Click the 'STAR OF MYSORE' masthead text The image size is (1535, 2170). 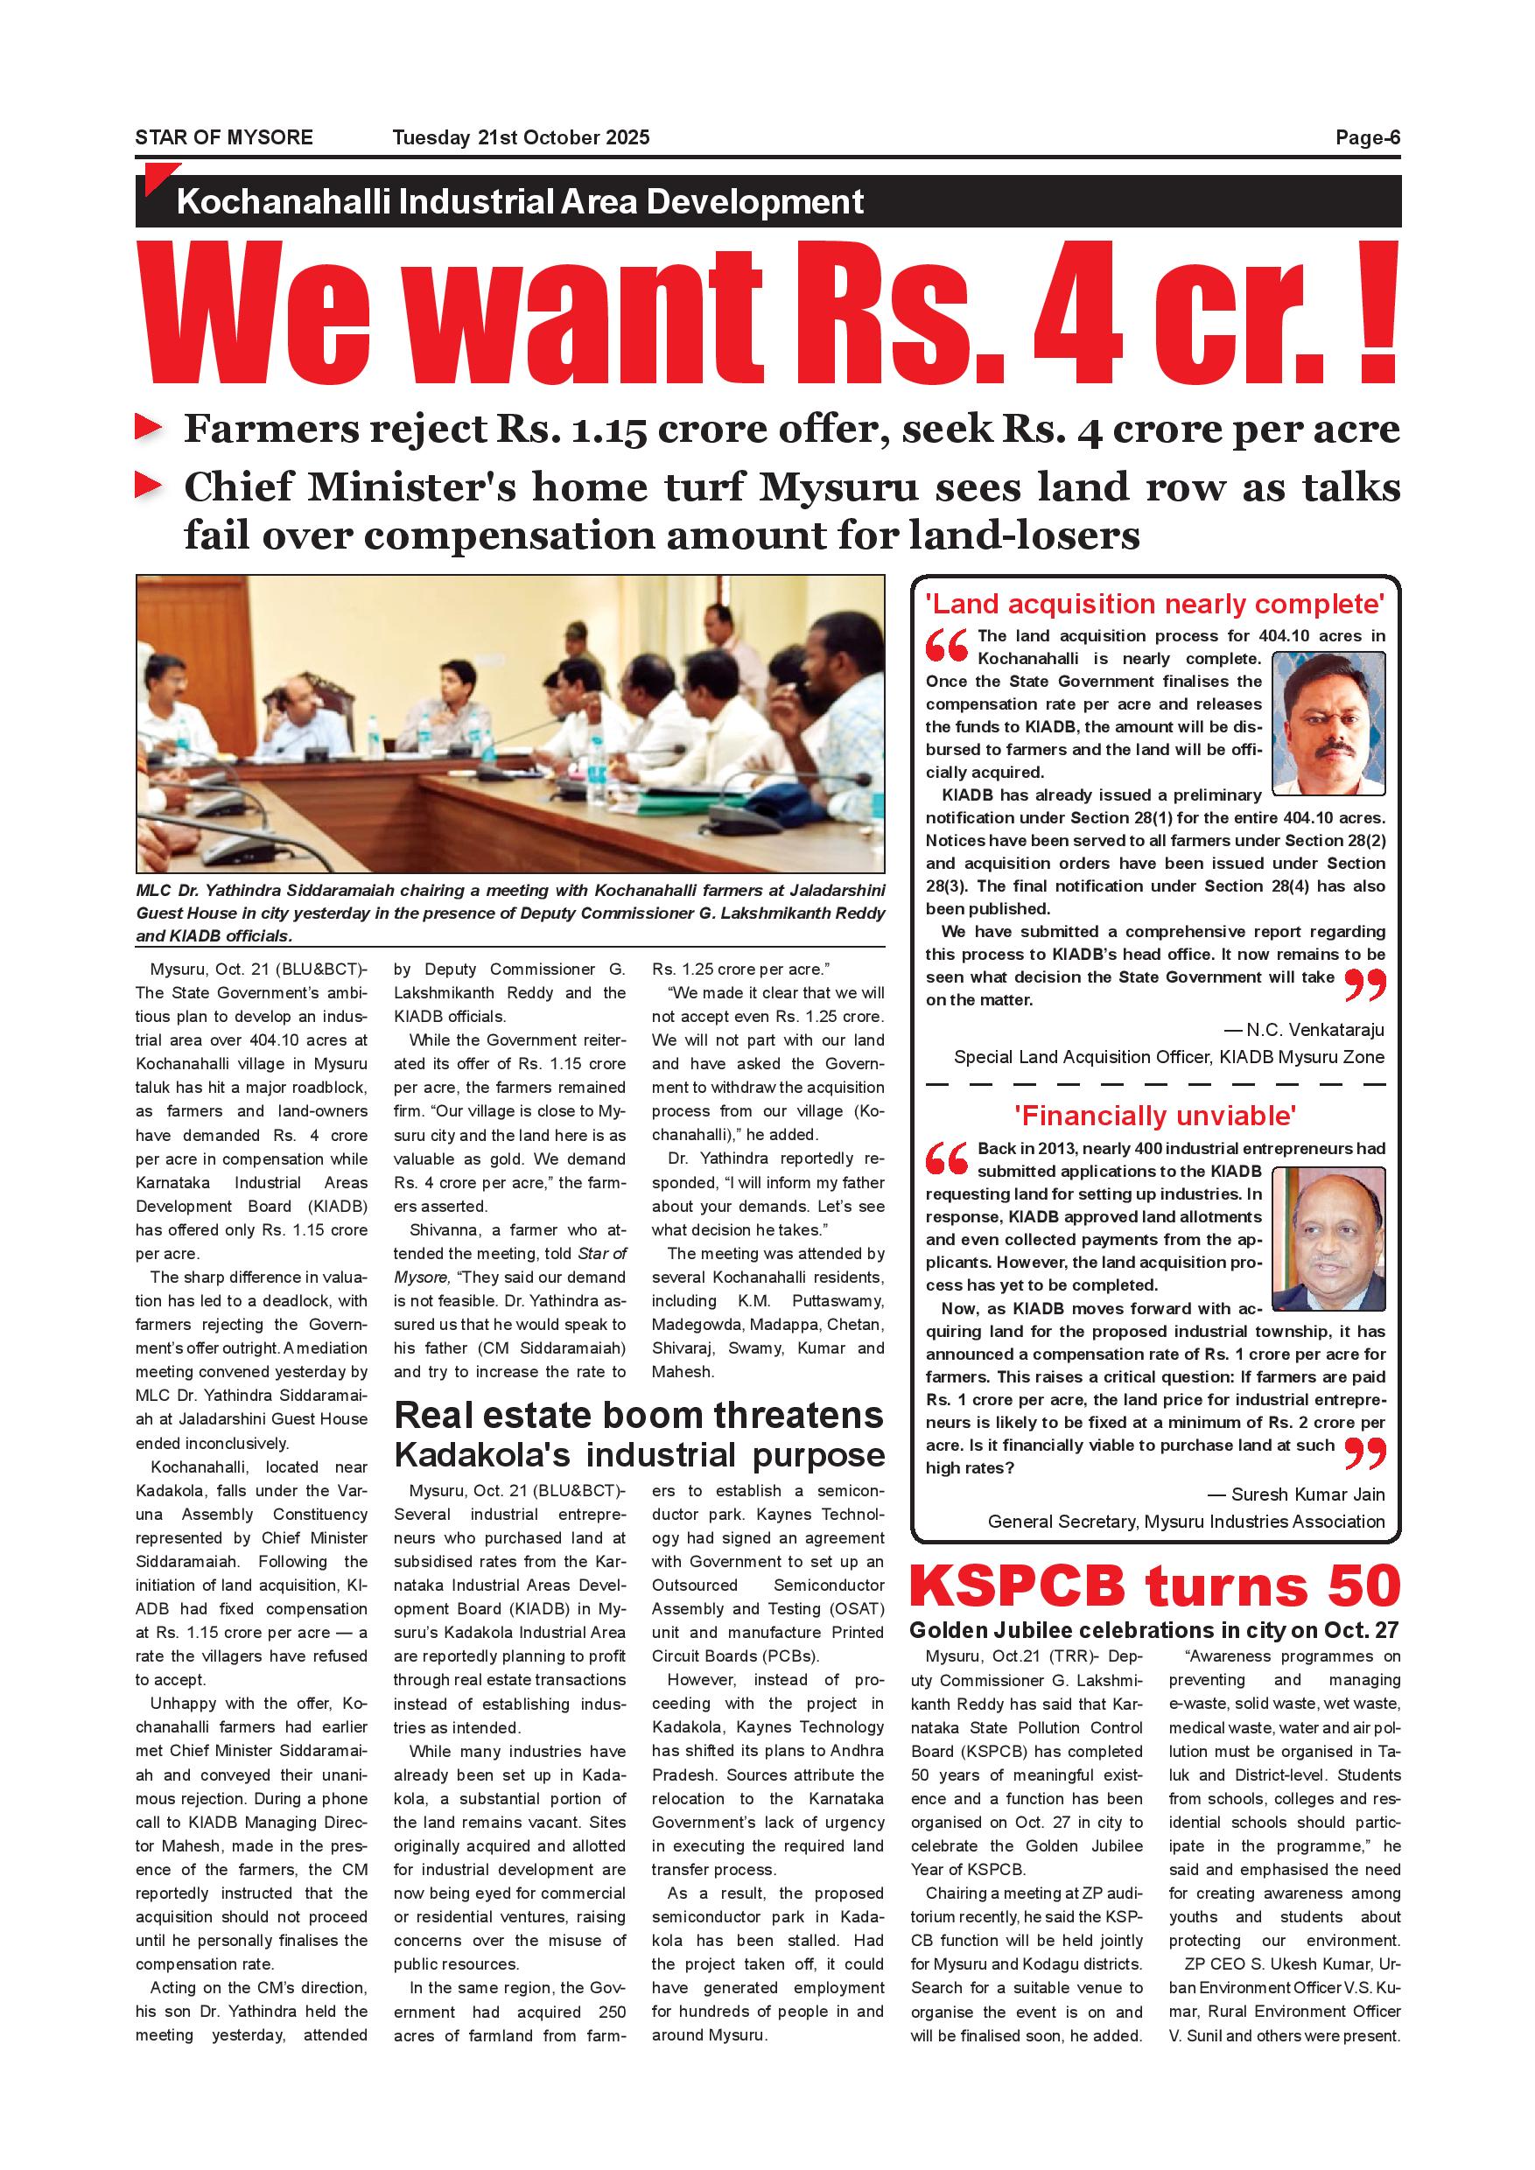pos(224,138)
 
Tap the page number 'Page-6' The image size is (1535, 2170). pos(1367,138)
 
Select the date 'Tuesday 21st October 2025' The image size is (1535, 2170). pos(521,138)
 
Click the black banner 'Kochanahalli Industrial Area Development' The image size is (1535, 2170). pos(520,202)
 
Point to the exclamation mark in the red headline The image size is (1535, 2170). pos(1377,311)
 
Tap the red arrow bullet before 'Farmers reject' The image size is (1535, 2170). pos(149,427)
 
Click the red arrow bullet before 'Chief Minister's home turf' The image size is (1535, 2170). pos(149,486)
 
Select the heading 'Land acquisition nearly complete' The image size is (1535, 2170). pos(1154,604)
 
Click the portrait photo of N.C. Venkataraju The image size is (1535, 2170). pos(1328,723)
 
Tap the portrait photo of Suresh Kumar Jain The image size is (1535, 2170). pos(1328,1238)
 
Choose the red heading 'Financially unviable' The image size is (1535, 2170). pos(1154,1116)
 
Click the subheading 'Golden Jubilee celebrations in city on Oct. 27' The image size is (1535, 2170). pos(1153,1630)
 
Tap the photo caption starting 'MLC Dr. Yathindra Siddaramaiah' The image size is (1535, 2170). pos(510,913)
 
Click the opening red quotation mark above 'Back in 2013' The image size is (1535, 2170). pos(946,1158)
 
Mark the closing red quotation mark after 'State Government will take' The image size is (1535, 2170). pos(1364,985)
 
